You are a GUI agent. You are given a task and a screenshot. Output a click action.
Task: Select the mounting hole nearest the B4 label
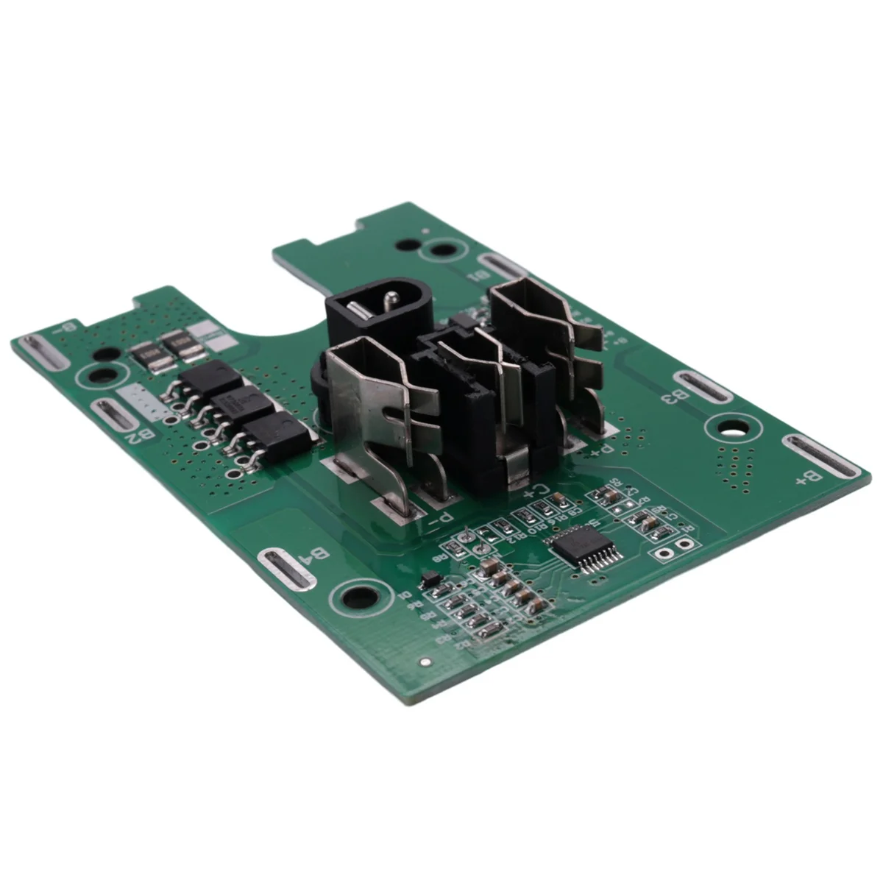[x=359, y=597]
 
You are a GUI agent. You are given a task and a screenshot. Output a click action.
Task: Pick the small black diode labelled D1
[x=430, y=580]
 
